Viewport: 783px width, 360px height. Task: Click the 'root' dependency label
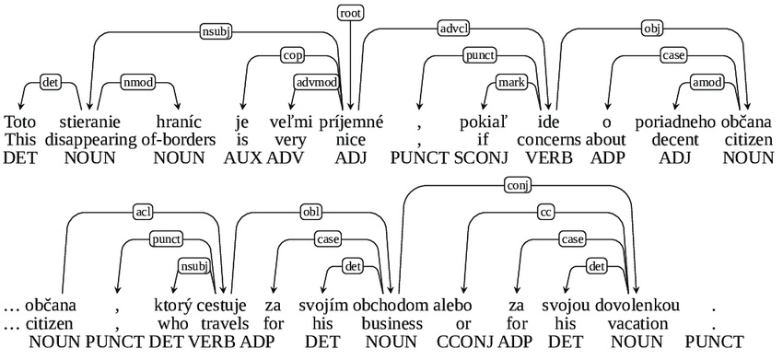pos(350,13)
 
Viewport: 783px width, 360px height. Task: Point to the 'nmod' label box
pos(137,83)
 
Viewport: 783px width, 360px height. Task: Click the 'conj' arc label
pos(517,185)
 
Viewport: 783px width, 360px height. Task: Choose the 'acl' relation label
pos(143,213)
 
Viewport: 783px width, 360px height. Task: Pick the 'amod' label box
pos(705,83)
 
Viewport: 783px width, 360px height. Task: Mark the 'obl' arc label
pos(312,213)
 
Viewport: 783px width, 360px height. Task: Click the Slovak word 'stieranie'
pos(88,122)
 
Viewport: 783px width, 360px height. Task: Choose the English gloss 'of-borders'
pos(177,140)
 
